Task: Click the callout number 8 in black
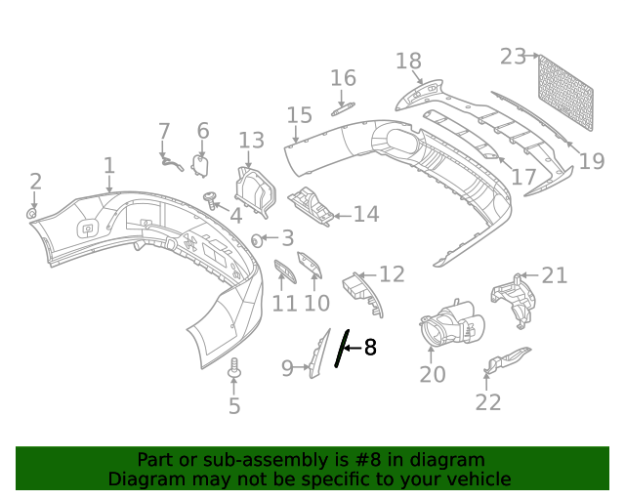[369, 347]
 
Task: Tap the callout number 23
[513, 57]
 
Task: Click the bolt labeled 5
[233, 370]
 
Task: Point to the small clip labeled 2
[32, 212]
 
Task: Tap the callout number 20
[433, 374]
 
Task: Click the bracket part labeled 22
[506, 360]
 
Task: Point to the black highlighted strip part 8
[340, 348]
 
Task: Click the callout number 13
[251, 140]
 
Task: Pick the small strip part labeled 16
[340, 109]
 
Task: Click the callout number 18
[408, 62]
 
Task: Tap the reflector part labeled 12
[363, 293]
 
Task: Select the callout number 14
[365, 214]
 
